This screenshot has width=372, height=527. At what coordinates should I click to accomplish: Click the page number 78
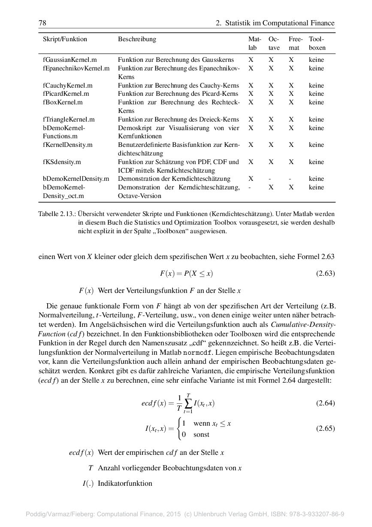42,23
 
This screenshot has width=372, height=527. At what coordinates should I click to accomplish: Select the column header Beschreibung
137,39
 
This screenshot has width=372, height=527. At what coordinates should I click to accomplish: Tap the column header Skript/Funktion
65,39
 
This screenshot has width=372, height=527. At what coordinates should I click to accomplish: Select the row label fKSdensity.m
62,162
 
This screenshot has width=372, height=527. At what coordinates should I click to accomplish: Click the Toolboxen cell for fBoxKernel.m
316,102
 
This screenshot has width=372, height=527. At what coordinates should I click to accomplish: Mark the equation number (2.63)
325,273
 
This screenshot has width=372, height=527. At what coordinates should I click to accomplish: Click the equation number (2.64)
325,403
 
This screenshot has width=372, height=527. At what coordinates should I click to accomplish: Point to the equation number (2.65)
325,428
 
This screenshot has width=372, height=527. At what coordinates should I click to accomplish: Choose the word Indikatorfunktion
125,483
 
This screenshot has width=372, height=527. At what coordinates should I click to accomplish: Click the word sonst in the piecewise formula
201,434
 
